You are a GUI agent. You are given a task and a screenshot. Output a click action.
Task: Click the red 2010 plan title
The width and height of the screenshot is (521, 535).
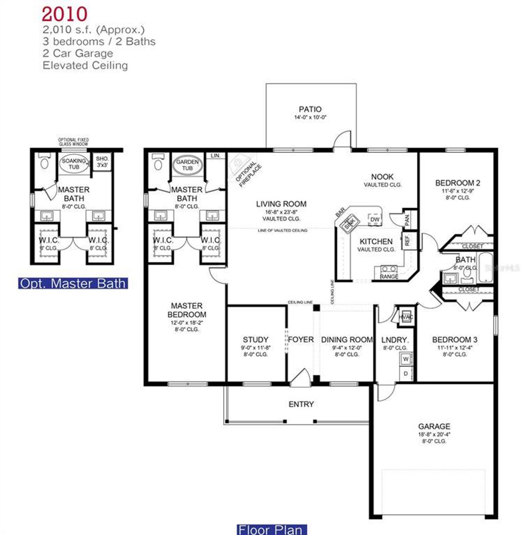(64, 14)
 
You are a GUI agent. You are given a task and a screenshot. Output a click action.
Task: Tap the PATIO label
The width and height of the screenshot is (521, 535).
(310, 109)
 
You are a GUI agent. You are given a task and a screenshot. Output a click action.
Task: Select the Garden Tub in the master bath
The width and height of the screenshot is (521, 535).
(187, 165)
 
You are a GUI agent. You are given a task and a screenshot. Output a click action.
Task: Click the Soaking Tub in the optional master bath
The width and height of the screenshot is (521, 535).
(74, 164)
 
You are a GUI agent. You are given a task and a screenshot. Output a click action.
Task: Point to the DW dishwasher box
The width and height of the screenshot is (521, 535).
(375, 220)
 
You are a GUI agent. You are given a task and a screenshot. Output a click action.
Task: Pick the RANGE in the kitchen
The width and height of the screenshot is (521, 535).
(389, 272)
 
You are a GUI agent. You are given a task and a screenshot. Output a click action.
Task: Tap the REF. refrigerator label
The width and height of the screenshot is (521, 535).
(406, 240)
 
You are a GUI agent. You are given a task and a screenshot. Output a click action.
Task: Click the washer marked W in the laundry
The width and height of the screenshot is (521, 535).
(406, 359)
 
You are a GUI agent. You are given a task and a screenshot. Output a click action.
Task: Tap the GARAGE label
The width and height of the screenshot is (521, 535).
(434, 426)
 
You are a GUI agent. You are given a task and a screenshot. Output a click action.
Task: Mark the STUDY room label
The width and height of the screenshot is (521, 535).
(256, 339)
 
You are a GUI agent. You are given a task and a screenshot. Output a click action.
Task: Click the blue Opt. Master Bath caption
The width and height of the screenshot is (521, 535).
(73, 283)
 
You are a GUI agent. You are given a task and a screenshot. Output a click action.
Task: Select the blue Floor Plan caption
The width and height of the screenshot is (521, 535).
(271, 530)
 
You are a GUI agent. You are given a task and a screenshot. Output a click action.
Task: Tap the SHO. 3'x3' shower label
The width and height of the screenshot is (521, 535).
(102, 162)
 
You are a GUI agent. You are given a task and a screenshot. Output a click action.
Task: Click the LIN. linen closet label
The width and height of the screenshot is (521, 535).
(215, 156)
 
